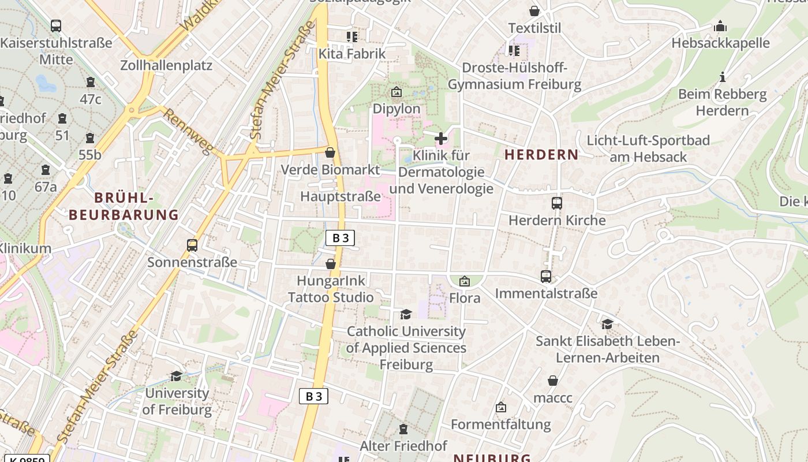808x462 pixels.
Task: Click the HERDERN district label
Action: (541, 155)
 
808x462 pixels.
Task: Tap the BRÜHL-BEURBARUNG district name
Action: (124, 206)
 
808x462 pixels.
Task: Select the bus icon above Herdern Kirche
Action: (557, 203)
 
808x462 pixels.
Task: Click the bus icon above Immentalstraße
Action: (546, 277)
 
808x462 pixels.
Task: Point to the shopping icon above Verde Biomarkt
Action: (330, 152)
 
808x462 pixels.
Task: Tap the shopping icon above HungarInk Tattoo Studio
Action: (331, 264)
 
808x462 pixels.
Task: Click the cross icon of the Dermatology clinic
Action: (441, 139)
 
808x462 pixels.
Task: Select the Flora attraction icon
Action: (464, 281)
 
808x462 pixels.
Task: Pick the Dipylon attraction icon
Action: (396, 92)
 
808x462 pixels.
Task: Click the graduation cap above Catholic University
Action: (406, 314)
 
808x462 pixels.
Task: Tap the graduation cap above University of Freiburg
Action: (177, 376)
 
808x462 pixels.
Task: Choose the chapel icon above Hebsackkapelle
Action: (720, 26)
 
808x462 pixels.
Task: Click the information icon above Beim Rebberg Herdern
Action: (722, 77)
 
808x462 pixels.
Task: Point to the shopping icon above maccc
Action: (553, 381)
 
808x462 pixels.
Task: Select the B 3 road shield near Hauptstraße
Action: (340, 238)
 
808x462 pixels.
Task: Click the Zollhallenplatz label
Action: (166, 65)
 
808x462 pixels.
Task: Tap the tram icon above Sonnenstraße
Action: (192, 245)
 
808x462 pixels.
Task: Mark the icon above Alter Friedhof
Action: (403, 429)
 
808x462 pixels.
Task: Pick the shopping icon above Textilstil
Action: (534, 11)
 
